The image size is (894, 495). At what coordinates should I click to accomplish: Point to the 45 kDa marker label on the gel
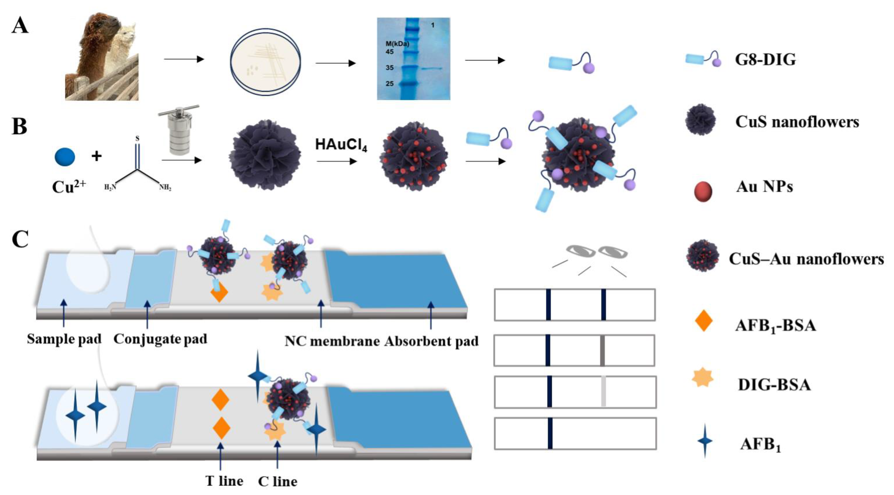pyautogui.click(x=389, y=52)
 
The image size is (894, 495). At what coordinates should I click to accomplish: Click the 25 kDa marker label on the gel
pyautogui.click(x=389, y=84)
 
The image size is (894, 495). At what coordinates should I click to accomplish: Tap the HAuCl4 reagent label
pyautogui.click(x=341, y=145)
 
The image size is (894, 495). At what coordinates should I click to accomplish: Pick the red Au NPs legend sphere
pyautogui.click(x=703, y=191)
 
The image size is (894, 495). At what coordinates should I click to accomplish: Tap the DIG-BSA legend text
pyautogui.click(x=774, y=385)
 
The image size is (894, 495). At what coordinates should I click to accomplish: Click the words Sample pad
pyautogui.click(x=64, y=339)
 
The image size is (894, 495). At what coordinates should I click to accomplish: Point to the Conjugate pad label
pyautogui.click(x=160, y=339)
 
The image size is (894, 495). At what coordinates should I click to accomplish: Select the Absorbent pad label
pyautogui.click(x=431, y=342)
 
